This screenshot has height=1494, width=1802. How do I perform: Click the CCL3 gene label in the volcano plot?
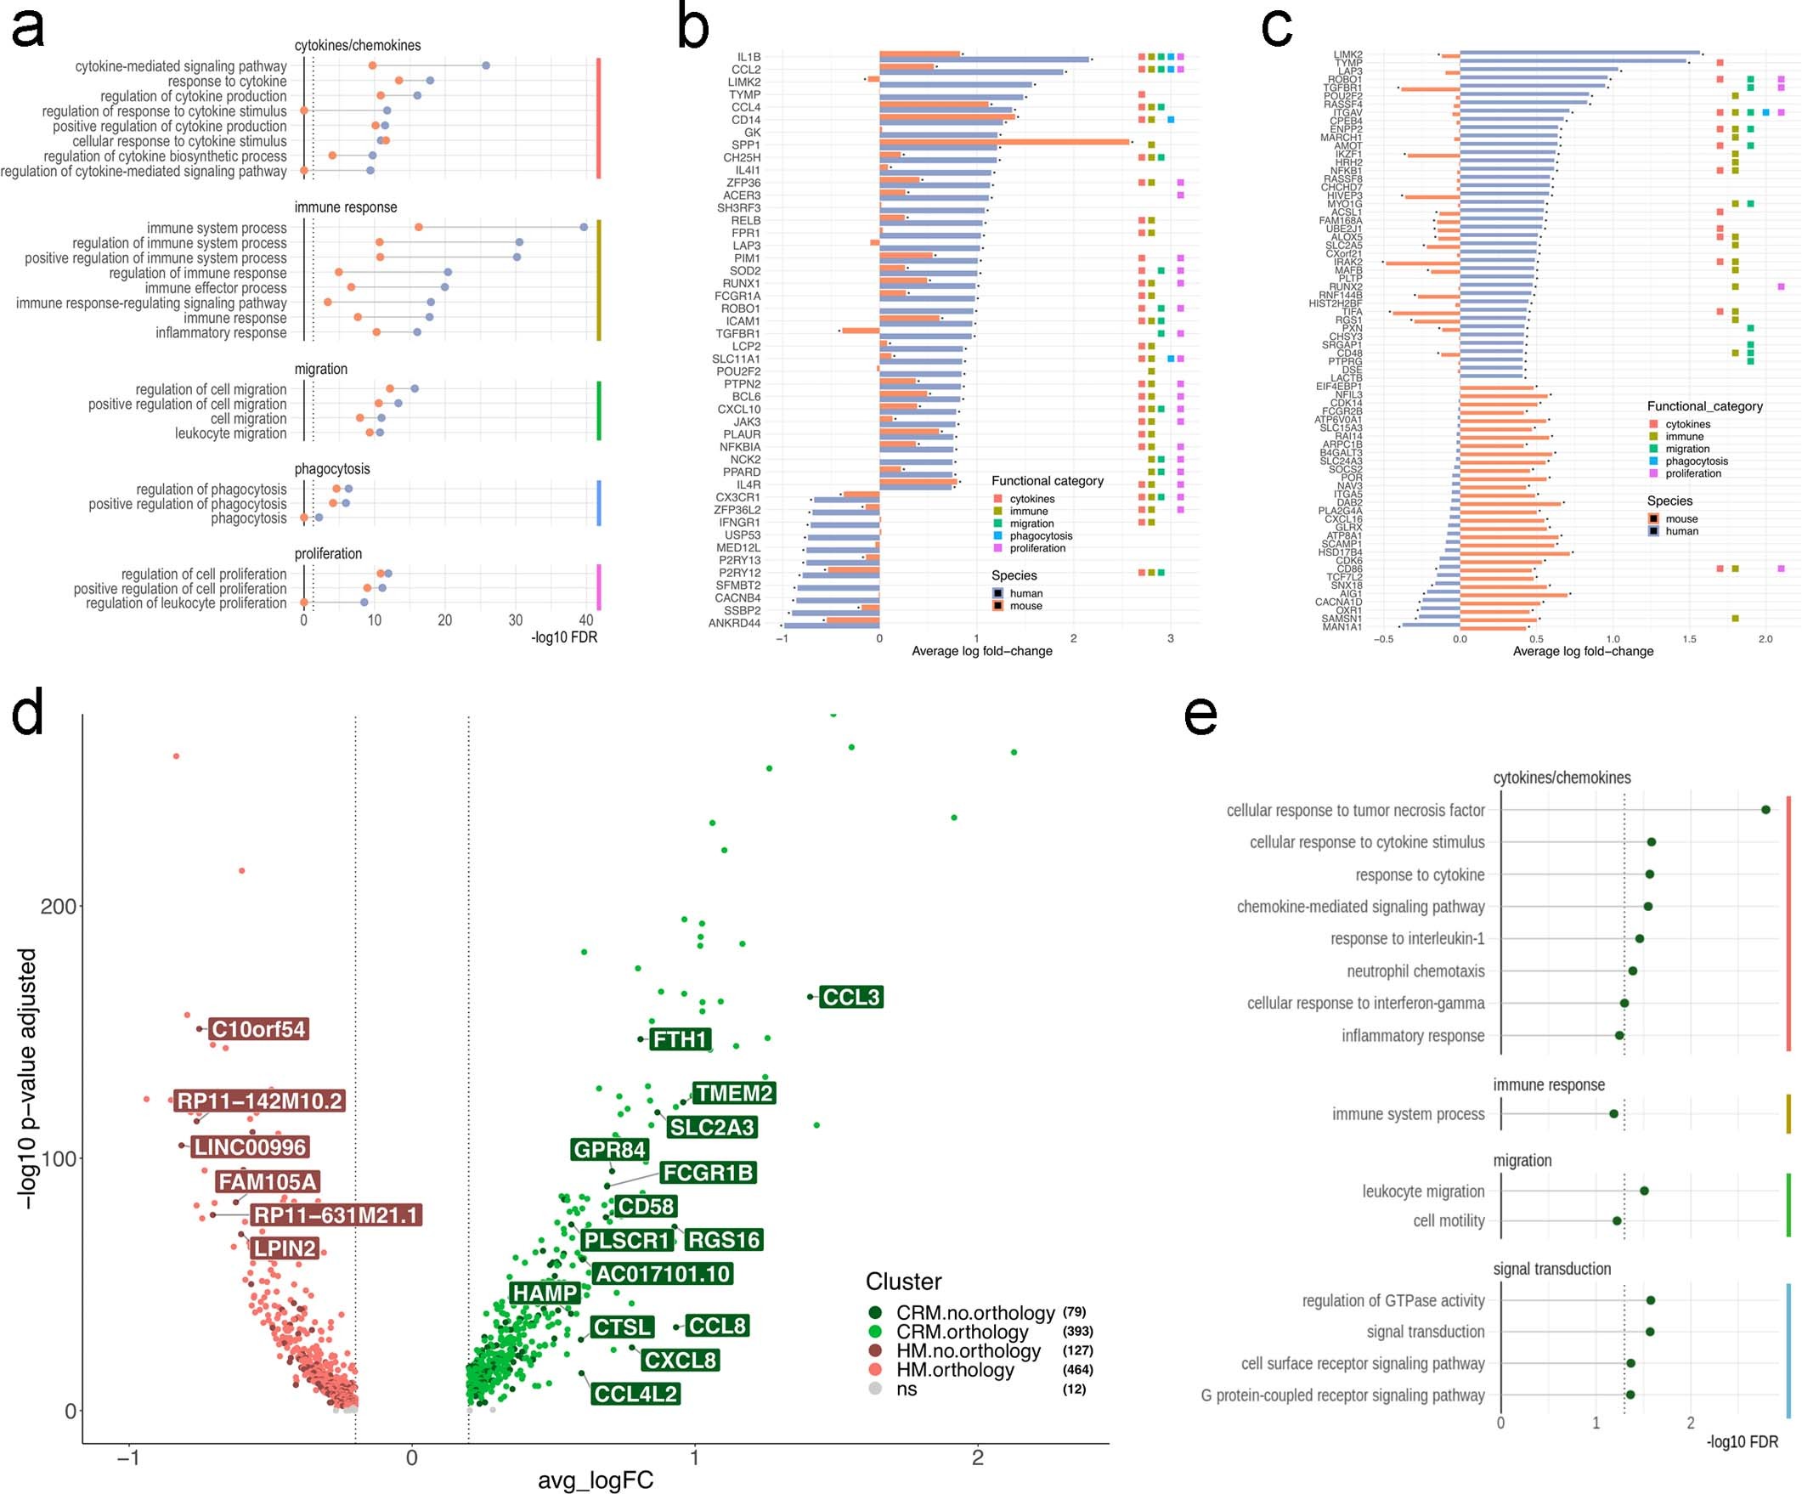pos(850,997)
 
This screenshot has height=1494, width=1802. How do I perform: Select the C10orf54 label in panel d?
pos(257,1029)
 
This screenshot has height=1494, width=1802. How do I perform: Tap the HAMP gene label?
pos(544,1293)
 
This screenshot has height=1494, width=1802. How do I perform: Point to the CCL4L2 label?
pos(636,1394)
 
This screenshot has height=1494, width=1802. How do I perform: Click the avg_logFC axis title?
pos(596,1480)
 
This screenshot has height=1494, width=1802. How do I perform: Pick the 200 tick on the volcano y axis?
pos(58,906)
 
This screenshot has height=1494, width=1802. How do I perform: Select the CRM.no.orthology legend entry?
pos(974,1313)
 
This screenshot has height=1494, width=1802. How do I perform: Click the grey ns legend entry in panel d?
pos(907,1389)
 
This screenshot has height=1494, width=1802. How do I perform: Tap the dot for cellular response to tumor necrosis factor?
pos(1765,809)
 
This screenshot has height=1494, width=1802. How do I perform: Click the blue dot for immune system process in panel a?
pos(584,228)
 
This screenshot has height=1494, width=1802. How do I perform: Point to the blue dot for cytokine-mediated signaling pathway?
pos(486,65)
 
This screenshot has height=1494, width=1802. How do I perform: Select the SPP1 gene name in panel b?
pos(746,145)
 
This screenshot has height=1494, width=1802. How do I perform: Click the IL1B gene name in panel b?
pos(748,57)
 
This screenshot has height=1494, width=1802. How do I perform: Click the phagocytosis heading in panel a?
pos(332,468)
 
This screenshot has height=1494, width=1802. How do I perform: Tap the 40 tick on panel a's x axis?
pos(585,620)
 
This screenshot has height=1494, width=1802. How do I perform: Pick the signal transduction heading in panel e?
pos(1551,1268)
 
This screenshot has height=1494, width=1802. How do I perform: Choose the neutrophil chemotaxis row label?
pos(1415,971)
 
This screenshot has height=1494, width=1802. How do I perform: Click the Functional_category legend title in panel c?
pos(1704,406)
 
